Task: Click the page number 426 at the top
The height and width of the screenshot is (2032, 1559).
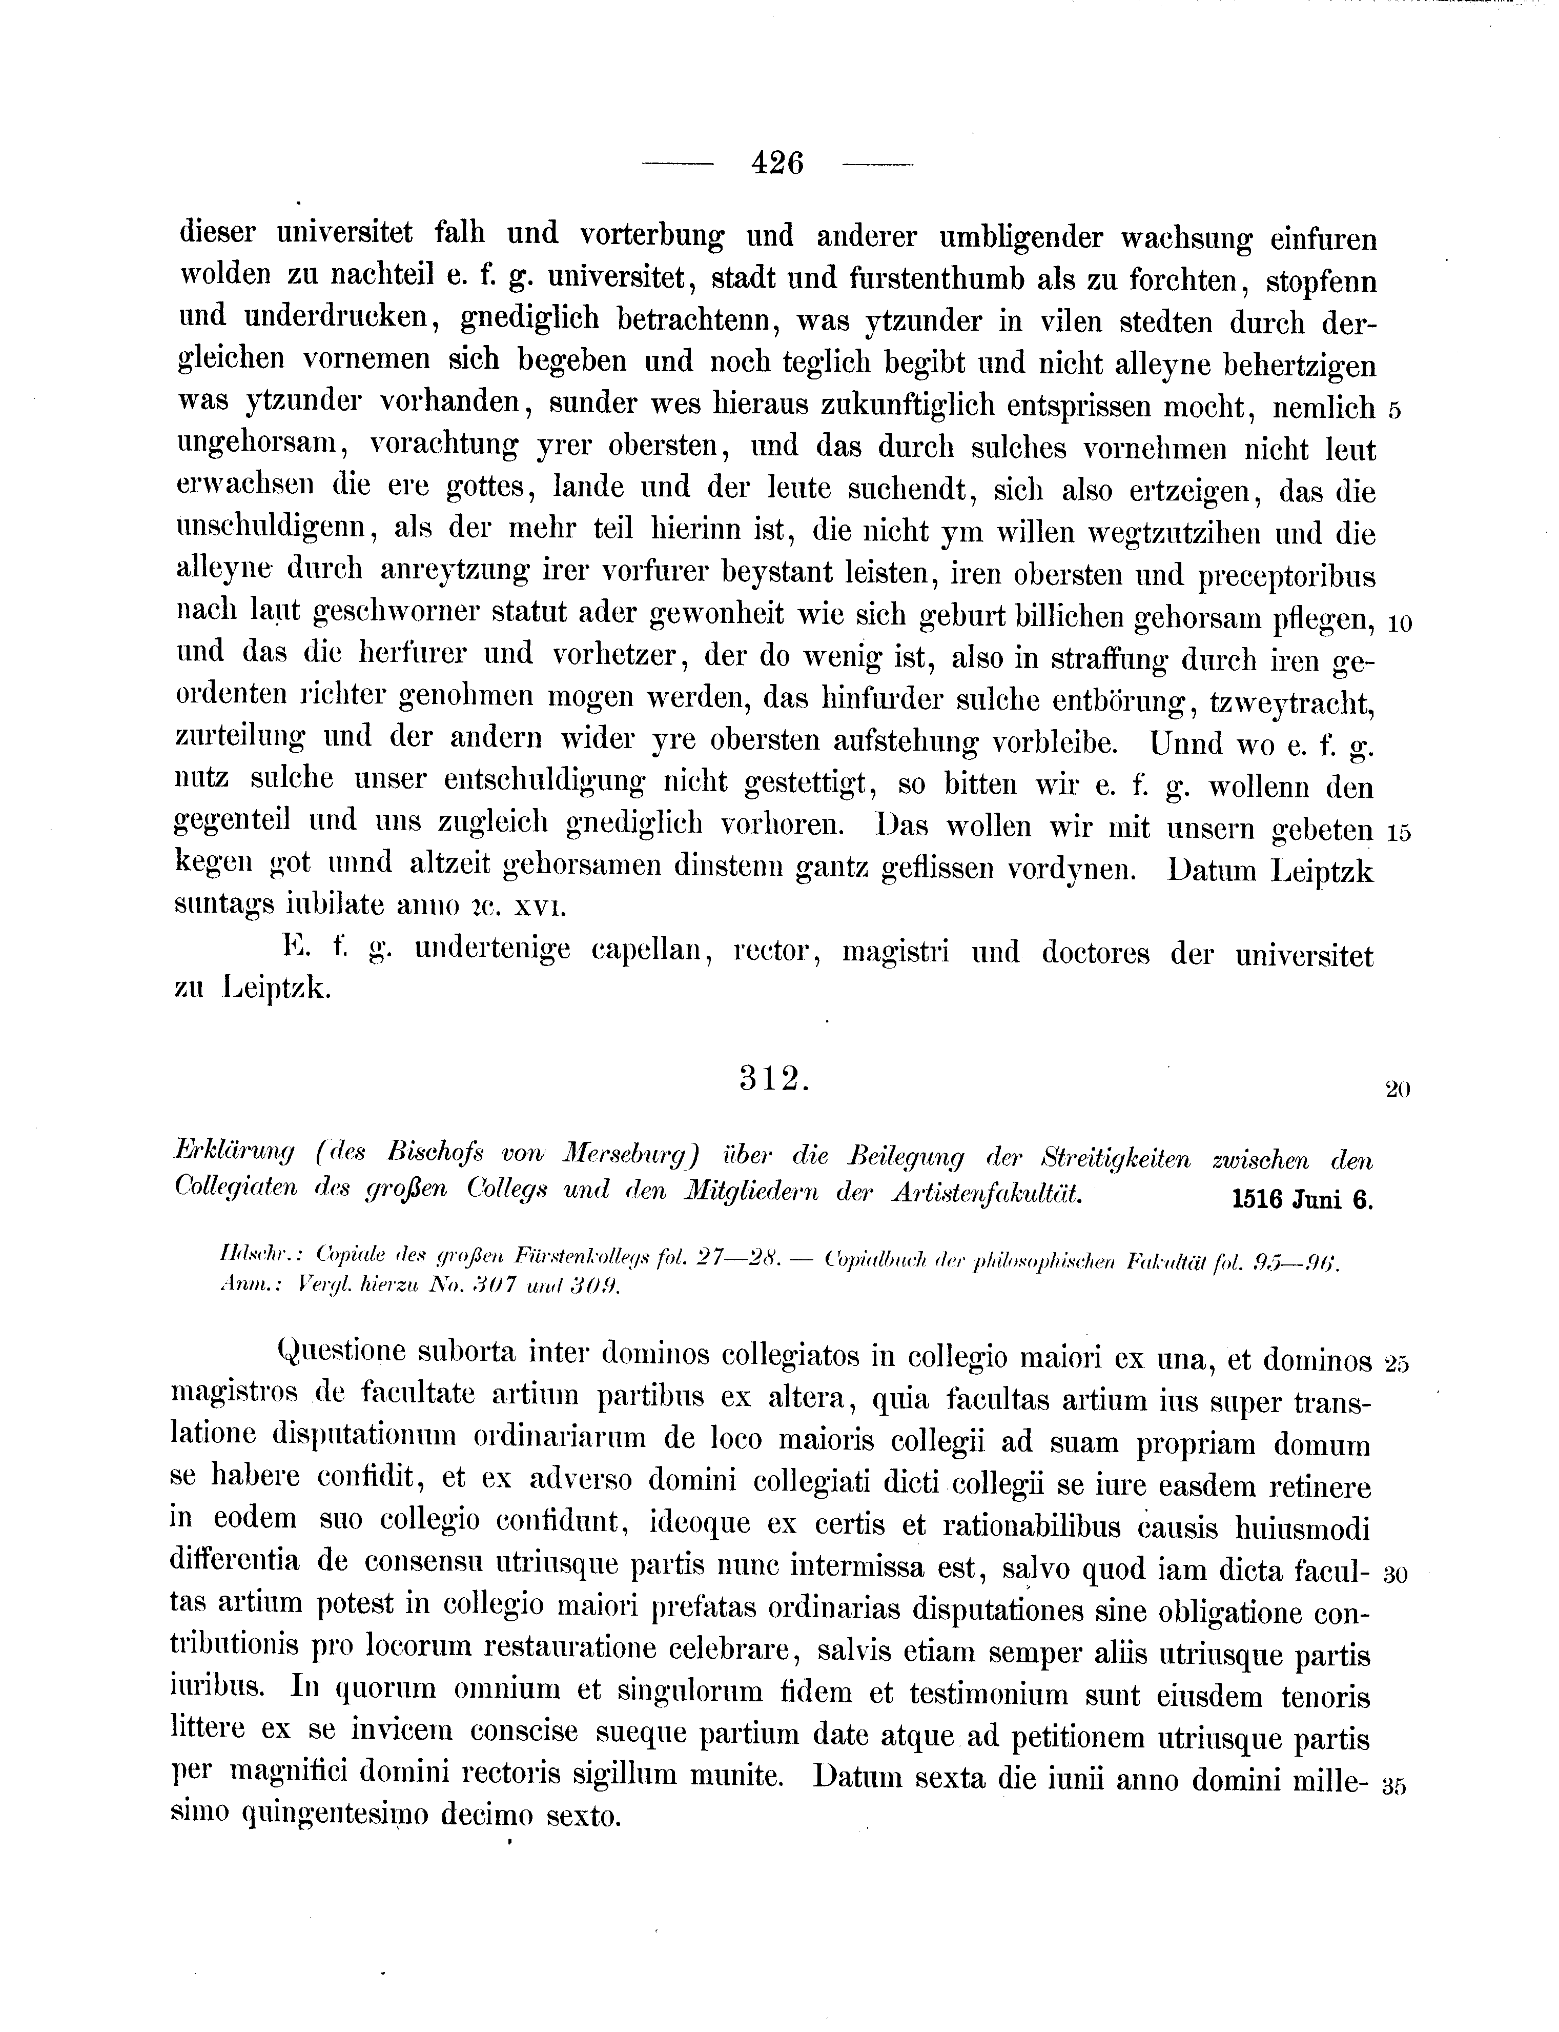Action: point(777,164)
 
